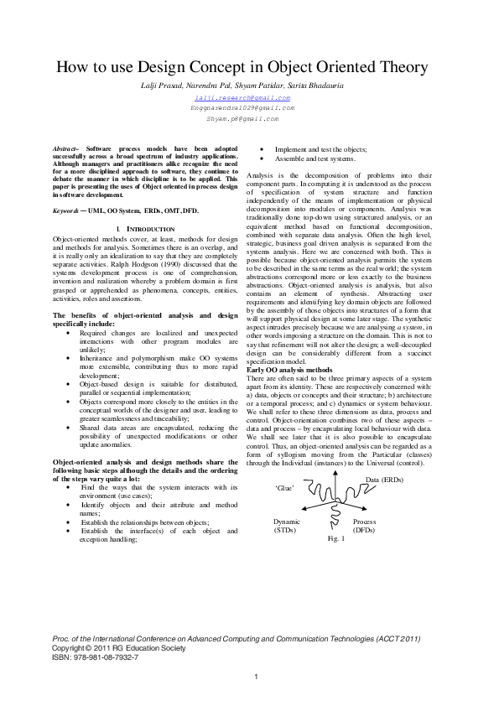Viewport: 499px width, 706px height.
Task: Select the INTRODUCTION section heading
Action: pos(148,229)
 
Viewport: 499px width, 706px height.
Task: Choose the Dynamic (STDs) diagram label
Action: pos(287,526)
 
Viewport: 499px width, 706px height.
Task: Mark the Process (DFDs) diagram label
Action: pos(365,526)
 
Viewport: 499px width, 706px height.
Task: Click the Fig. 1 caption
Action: pos(335,537)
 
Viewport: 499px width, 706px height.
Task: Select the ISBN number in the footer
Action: pos(96,657)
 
